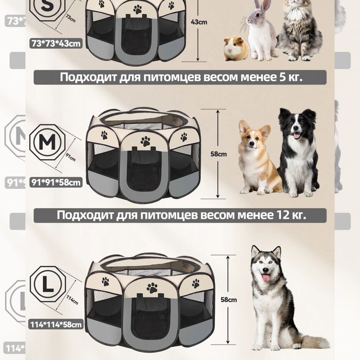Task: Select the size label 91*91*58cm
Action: (x=56, y=182)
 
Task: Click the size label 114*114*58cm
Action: (x=56, y=324)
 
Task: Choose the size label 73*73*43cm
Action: (x=56, y=43)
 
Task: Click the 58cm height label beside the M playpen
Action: (x=219, y=154)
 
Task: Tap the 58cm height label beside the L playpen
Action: (x=229, y=299)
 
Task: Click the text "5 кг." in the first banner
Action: (x=288, y=77)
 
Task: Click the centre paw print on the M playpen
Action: (x=145, y=141)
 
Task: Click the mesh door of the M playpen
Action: (x=144, y=171)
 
